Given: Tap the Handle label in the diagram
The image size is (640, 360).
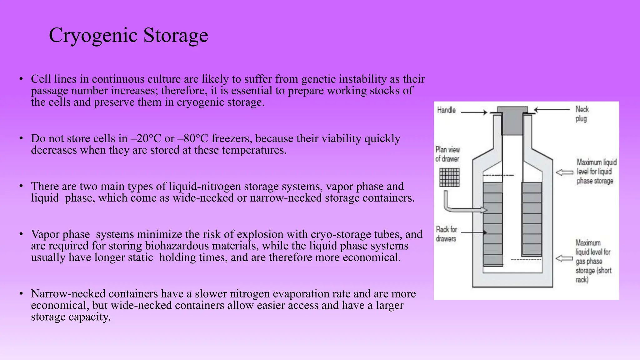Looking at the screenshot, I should (x=446, y=110).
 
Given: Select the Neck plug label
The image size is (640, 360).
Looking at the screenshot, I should (x=582, y=114).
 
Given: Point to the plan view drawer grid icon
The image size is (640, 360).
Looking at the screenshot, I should (x=449, y=177).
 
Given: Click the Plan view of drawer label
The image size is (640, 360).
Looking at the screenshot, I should (x=447, y=154).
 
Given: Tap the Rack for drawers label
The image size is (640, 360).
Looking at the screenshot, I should (x=446, y=234).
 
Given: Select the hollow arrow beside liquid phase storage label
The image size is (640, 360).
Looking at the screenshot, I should (x=564, y=172).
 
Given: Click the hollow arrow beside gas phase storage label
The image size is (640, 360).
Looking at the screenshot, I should (x=564, y=258).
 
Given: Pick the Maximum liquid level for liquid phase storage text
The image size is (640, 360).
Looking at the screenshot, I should (x=596, y=172).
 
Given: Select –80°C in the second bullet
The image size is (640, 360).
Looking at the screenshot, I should (x=192, y=138).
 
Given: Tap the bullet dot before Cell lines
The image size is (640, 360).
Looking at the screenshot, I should (x=21, y=79).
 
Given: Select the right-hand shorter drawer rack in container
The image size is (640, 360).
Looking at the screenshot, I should (x=532, y=219).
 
